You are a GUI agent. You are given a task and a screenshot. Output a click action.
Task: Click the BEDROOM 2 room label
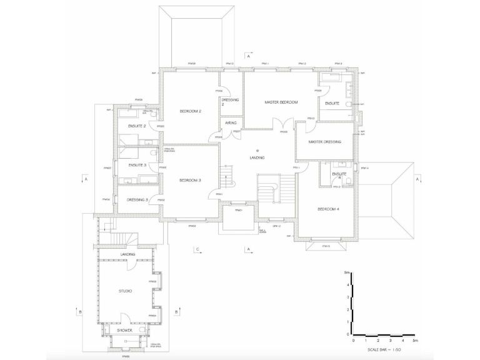[x=191, y=111]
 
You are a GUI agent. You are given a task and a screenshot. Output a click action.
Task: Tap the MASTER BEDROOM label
[x=281, y=102]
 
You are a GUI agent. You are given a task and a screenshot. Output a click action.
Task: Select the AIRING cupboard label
[x=231, y=123]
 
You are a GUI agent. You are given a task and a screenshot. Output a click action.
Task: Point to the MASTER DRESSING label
[x=325, y=142]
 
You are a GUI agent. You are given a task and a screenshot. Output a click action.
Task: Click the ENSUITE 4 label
[x=339, y=176]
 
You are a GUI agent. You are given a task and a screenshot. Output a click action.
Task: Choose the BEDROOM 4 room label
[x=328, y=209]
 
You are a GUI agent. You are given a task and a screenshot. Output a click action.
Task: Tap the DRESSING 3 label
[x=137, y=200]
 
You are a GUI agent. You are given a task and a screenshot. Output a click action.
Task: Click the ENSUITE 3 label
[x=137, y=165]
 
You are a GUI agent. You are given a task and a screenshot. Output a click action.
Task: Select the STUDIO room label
[x=126, y=291]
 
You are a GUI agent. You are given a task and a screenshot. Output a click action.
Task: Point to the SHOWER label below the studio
[x=125, y=330]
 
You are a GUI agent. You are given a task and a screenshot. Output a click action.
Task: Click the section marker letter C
[x=197, y=249]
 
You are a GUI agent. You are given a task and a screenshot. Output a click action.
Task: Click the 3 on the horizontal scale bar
[x=390, y=341]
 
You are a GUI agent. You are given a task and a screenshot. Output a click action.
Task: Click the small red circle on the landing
[x=257, y=150]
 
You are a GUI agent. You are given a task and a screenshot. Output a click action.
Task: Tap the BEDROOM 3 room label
[x=190, y=181]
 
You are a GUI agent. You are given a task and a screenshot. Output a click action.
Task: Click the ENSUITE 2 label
[x=137, y=126]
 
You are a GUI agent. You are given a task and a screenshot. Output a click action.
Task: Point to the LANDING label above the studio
[x=128, y=254]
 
